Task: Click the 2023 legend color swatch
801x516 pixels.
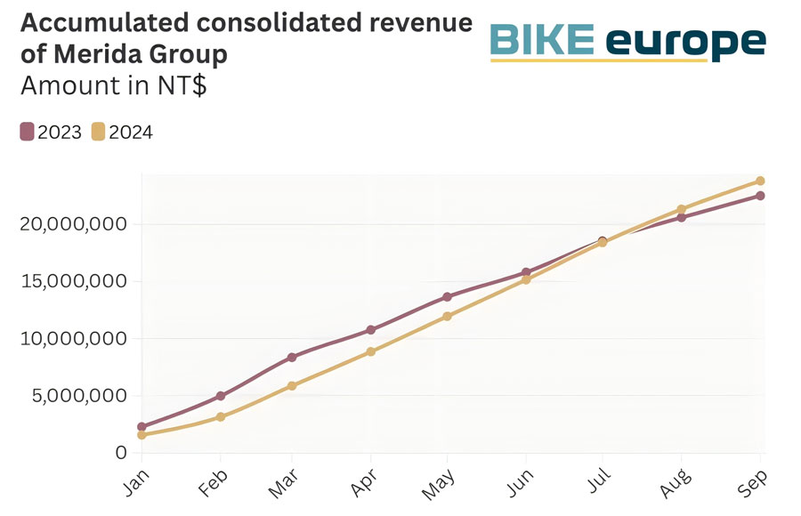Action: coord(27,133)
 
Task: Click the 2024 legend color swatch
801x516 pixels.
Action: coord(98,133)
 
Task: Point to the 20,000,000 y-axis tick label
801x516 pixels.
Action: coord(73,224)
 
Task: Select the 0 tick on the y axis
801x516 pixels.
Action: coord(122,453)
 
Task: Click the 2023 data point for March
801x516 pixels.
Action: coord(292,357)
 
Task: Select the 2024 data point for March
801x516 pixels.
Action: coord(292,385)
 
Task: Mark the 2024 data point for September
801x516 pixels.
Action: coord(760,181)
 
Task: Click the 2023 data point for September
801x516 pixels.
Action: coord(760,196)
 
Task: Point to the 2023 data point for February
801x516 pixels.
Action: coord(219,396)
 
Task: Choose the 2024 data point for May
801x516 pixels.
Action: coord(448,316)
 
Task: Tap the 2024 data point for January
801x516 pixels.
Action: coord(142,435)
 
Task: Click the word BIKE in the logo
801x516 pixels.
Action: coord(543,40)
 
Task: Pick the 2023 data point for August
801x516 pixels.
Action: coord(682,217)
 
